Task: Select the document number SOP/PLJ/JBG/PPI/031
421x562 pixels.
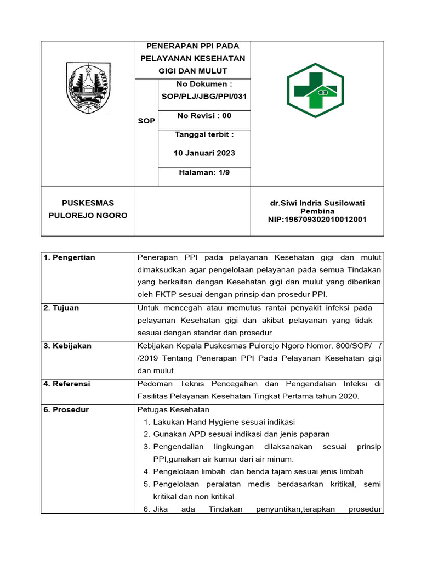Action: coord(204,96)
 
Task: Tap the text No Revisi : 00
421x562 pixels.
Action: coord(204,116)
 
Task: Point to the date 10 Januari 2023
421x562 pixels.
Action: coord(204,153)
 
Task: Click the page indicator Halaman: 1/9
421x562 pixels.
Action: coord(204,172)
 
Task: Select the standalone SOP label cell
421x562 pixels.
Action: coord(146,121)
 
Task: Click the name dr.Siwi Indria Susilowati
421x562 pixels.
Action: coord(317,203)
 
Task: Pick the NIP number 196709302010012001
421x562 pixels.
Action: coord(317,220)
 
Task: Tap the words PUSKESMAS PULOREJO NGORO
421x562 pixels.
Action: coord(88,209)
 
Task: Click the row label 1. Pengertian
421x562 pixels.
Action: coord(69,257)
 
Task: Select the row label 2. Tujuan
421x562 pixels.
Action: coord(61,308)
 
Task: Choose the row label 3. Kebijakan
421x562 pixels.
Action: coord(67,346)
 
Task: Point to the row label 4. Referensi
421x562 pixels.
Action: coord(67,384)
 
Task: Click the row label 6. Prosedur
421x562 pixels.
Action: coord(66,409)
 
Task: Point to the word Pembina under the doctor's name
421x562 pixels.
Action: coord(317,211)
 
